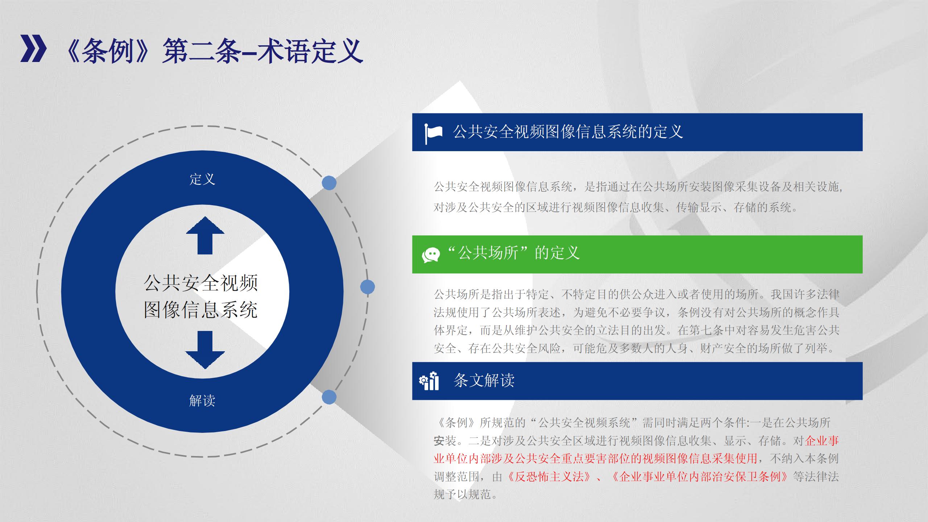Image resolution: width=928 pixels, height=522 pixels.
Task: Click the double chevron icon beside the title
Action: point(33,49)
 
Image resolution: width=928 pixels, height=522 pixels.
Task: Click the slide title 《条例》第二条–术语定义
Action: point(213,51)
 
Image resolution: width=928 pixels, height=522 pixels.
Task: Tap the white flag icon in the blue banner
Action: point(434,133)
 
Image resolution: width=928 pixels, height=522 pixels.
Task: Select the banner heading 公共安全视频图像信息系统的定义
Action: point(568,132)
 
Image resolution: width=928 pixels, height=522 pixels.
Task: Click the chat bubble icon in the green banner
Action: point(431,255)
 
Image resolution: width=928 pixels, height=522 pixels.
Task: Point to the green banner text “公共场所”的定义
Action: point(514,253)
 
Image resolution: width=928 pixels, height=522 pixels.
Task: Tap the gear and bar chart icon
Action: point(429,381)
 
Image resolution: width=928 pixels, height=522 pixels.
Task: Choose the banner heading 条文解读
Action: point(484,380)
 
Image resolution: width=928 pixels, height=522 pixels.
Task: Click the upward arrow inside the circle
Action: point(205,235)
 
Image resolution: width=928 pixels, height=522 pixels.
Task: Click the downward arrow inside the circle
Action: point(205,350)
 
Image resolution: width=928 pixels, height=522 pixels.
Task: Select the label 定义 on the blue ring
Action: point(202,179)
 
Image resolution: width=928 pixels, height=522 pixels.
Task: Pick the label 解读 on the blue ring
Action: point(202,401)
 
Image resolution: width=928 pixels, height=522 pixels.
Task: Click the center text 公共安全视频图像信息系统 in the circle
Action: point(201,297)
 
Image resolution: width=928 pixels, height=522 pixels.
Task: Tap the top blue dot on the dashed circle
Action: point(329,183)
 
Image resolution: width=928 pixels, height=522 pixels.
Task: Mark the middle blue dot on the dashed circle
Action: point(368,287)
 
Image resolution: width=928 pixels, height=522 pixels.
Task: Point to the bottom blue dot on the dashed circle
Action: point(329,397)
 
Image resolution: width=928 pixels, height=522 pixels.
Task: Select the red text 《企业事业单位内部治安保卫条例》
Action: point(700,476)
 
